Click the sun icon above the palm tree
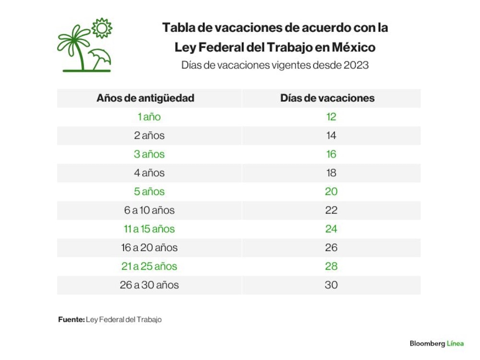point(102,28)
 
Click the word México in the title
point(354,47)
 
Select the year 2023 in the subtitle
point(356,65)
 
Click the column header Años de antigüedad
point(145,98)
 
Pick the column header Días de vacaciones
point(327,98)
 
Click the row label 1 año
point(149,117)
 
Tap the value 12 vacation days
point(331,117)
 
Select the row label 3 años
point(149,154)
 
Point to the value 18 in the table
point(331,173)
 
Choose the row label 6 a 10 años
point(149,210)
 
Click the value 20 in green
point(331,192)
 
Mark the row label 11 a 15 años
point(149,228)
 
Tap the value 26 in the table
point(331,247)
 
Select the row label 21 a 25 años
point(149,266)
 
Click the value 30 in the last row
point(331,285)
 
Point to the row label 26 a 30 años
point(149,285)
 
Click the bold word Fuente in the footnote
point(72,319)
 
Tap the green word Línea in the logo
point(455,344)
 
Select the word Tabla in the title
point(178,27)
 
